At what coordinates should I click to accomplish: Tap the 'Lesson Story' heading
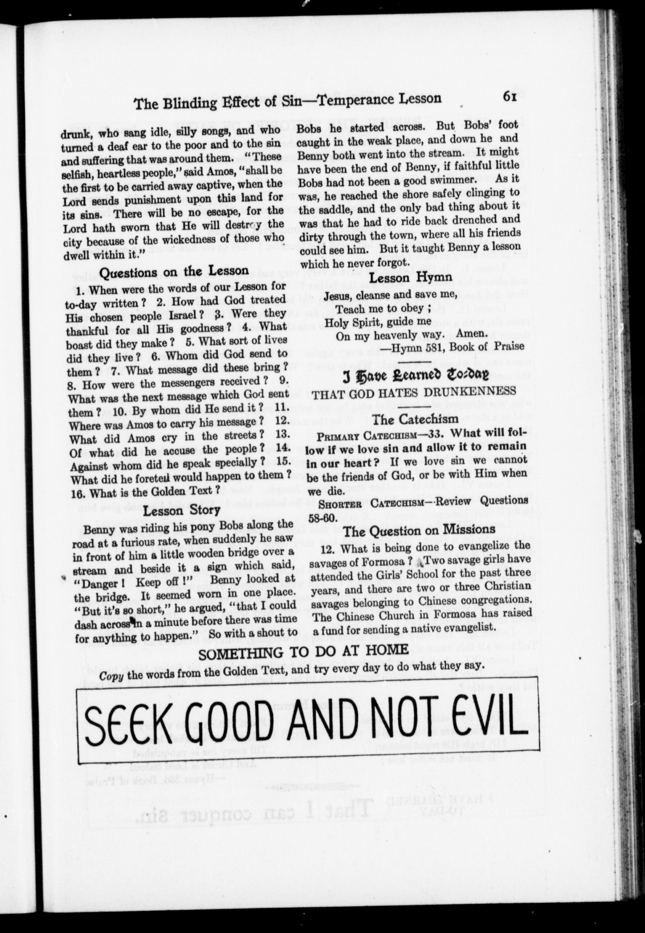[182, 510]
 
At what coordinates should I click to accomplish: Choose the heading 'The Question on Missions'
[419, 530]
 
